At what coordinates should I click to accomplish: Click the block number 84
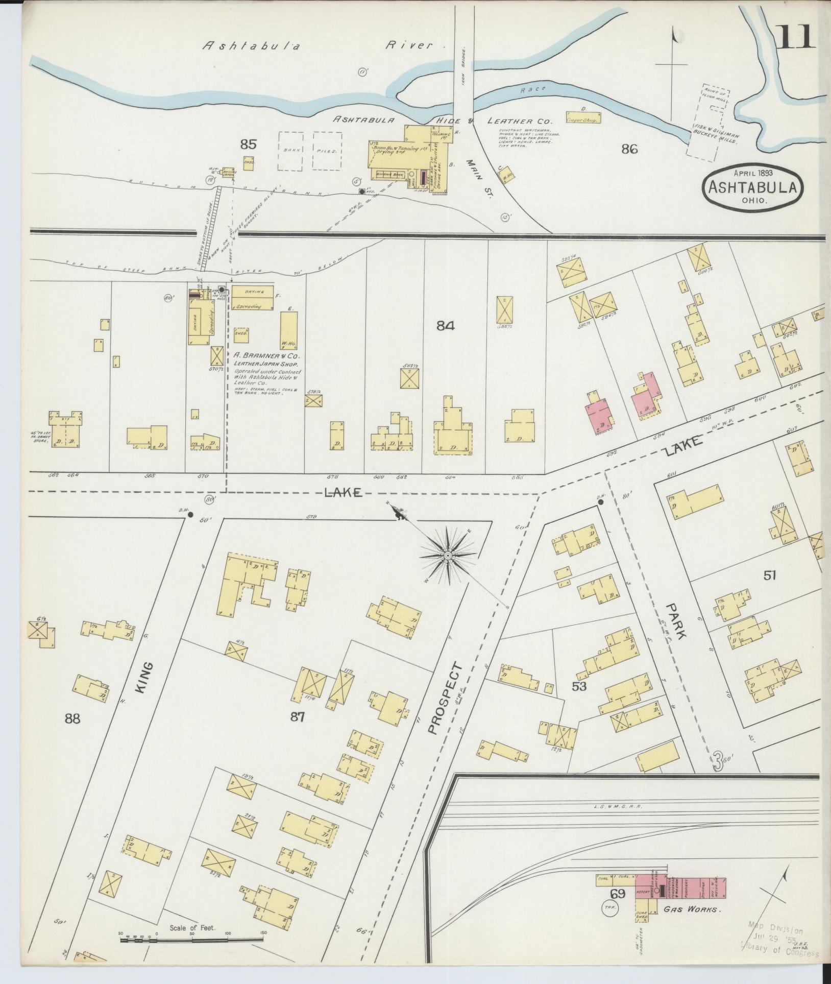(x=445, y=325)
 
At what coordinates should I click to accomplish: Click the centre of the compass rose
(x=448, y=555)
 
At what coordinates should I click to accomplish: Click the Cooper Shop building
(x=582, y=118)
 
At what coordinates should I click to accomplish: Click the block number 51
(x=770, y=575)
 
